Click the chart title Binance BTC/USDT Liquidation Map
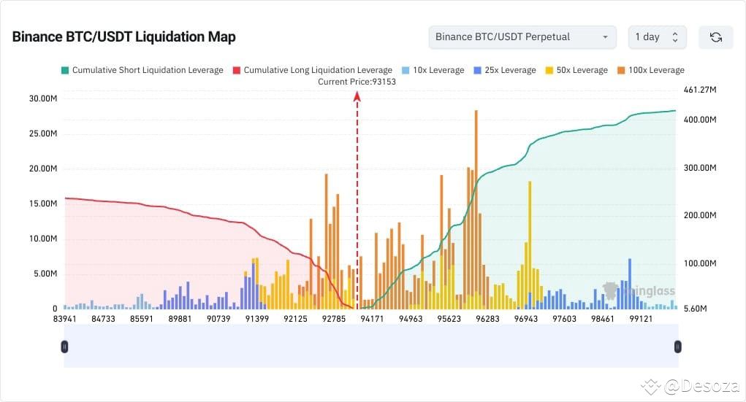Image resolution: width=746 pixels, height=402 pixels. pyautogui.click(x=123, y=37)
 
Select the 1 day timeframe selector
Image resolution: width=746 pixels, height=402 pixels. pyautogui.click(x=656, y=37)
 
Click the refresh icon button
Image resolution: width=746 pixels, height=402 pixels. pyautogui.click(x=715, y=37)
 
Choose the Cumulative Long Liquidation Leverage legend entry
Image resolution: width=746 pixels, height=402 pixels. pyautogui.click(x=312, y=70)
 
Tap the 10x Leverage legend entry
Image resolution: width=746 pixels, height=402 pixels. pyautogui.click(x=433, y=70)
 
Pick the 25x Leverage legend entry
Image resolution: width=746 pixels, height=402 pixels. pyautogui.click(x=504, y=70)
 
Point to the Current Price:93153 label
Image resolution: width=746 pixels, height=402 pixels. pyautogui.click(x=357, y=82)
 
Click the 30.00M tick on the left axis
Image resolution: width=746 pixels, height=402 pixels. pyautogui.click(x=42, y=98)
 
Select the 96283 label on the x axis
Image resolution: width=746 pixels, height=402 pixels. pyautogui.click(x=487, y=319)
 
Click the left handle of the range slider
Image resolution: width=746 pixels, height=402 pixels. pyautogui.click(x=65, y=347)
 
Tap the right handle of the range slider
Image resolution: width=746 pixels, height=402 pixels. pyautogui.click(x=677, y=347)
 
